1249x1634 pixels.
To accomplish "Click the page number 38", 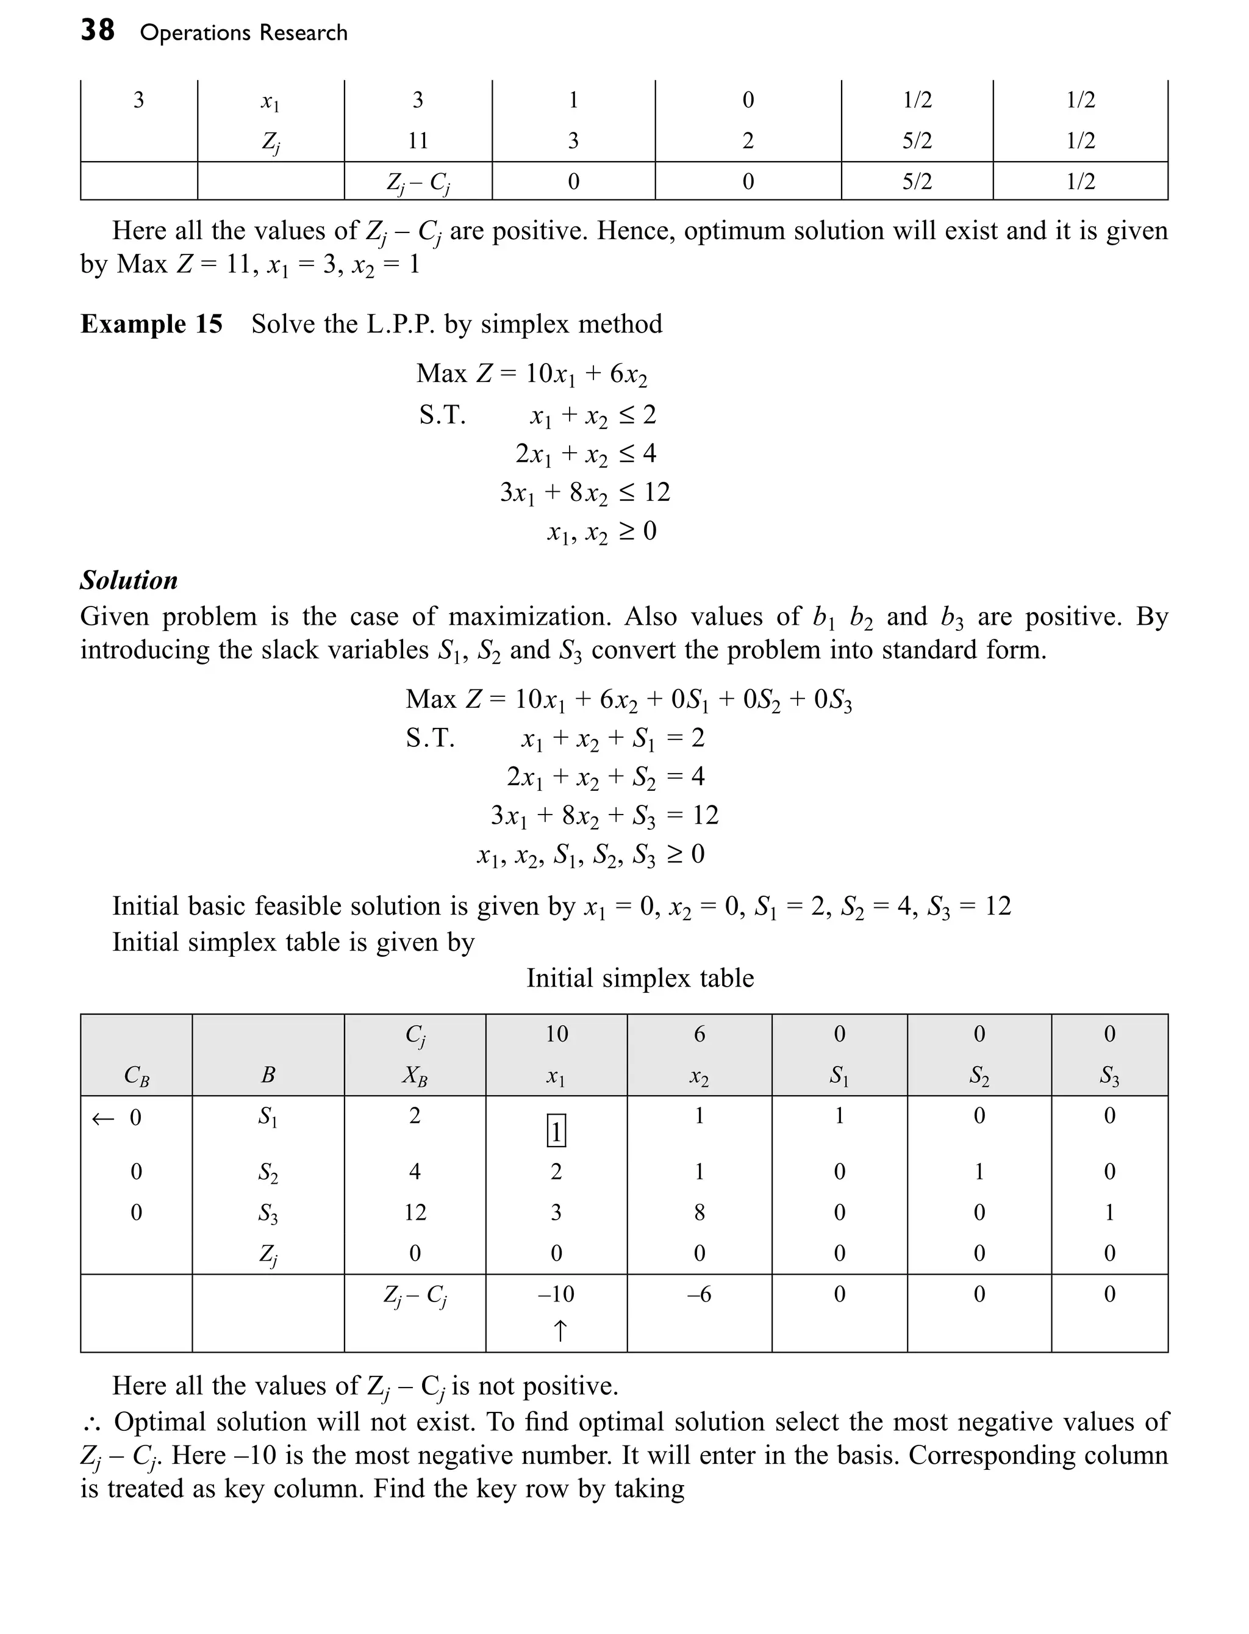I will pyautogui.click(x=98, y=31).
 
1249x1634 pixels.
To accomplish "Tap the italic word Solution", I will pyautogui.click(x=129, y=580).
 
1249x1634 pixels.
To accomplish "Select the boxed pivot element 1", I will pyautogui.click(x=556, y=1131).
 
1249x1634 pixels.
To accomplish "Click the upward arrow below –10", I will pyautogui.click(x=560, y=1331).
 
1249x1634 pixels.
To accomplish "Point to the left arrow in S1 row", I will pyautogui.click(x=102, y=1118).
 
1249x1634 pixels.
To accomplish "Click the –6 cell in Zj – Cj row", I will pyautogui.click(x=699, y=1294).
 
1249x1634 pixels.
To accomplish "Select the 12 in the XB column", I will pyautogui.click(x=415, y=1212).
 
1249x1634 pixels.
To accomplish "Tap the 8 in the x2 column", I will pyautogui.click(x=699, y=1212).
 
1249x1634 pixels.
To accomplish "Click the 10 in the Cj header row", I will pyautogui.click(x=556, y=1034).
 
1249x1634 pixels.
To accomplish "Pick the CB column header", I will pyautogui.click(x=136, y=1076).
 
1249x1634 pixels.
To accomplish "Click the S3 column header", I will pyautogui.click(x=1109, y=1076).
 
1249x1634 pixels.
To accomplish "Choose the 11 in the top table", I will pyautogui.click(x=418, y=140).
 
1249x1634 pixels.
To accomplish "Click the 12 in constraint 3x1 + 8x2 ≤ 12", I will pyautogui.click(x=656, y=492).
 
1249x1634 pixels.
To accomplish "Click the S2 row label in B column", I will pyautogui.click(x=268, y=1172).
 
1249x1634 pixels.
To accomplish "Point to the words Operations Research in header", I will pyautogui.click(x=243, y=33).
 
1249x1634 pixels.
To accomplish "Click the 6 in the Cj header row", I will pyautogui.click(x=699, y=1034).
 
